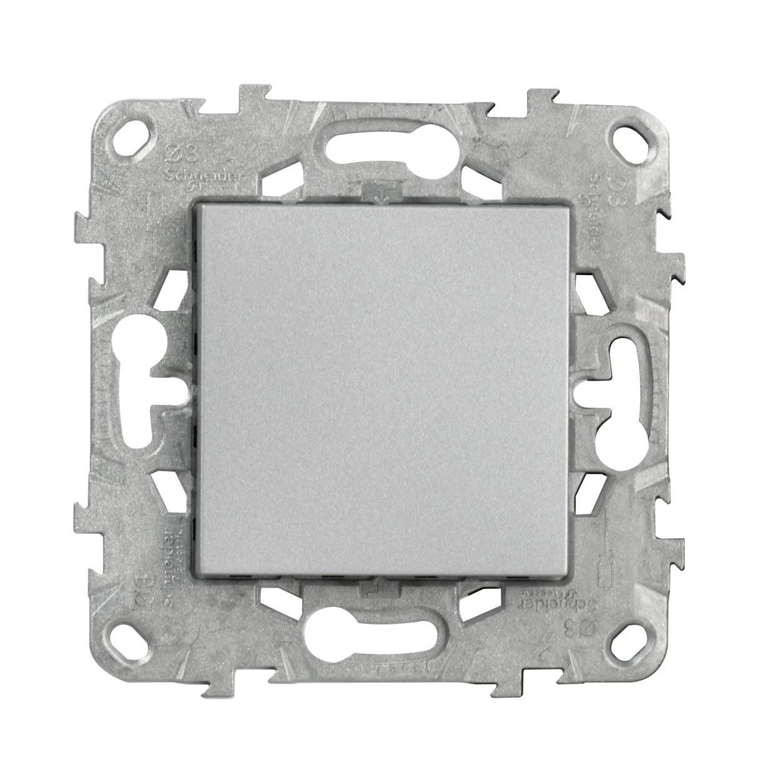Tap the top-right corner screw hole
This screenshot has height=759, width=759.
click(x=626, y=134)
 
